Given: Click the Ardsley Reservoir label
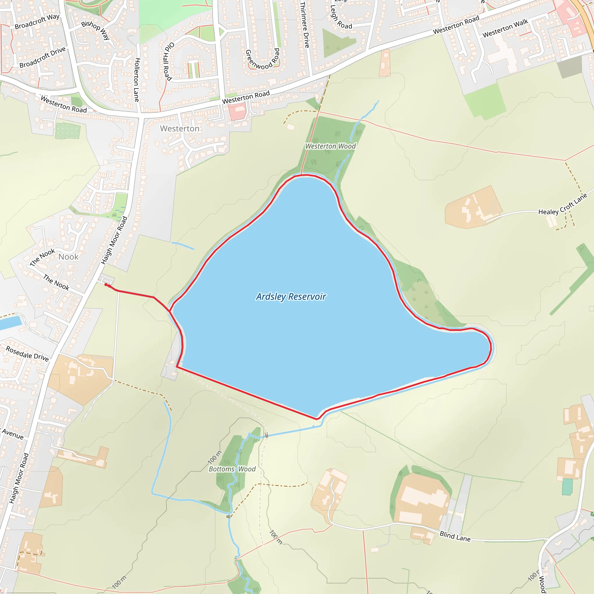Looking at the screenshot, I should [x=291, y=297].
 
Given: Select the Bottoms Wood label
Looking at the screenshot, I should [x=232, y=469].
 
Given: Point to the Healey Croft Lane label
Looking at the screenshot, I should [x=562, y=204].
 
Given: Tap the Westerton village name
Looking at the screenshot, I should [x=180, y=128].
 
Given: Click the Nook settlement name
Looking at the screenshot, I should [x=68, y=257].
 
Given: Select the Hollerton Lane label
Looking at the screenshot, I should [x=137, y=80].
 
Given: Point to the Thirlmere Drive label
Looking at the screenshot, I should [x=304, y=25].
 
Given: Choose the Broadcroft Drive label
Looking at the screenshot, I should [x=42, y=57].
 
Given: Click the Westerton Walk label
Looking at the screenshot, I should [x=505, y=28].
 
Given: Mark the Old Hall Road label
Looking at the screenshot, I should [x=168, y=61].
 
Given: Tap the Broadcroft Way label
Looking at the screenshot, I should [x=37, y=21].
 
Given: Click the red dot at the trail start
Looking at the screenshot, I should [x=106, y=285].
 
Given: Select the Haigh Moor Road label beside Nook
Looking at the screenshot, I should [x=114, y=240].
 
